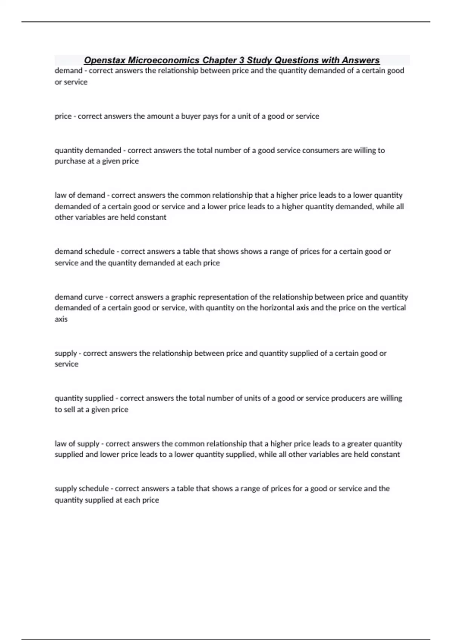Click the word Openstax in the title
tap(104, 60)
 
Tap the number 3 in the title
tap(242, 60)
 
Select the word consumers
tap(321, 151)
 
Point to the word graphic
tap(184, 297)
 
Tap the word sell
tap(69, 410)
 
